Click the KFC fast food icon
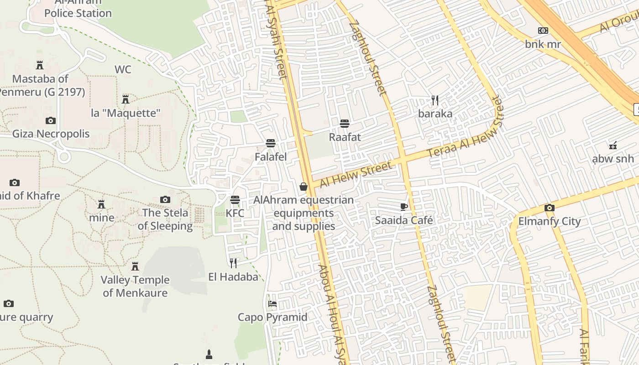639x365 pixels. [x=235, y=200]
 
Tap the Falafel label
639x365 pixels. [x=271, y=157]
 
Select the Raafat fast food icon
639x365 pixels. [x=345, y=123]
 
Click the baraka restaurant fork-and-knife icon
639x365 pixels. [x=435, y=100]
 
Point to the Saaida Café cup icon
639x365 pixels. [x=404, y=207]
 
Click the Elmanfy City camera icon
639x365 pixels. [x=550, y=208]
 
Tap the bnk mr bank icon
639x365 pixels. [x=543, y=31]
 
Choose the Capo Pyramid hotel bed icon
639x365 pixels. [x=272, y=303]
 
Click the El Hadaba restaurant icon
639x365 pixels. [x=233, y=263]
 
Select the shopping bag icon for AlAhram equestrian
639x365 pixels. [x=304, y=187]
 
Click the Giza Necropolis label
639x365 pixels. [x=51, y=134]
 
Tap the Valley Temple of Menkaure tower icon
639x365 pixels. [x=135, y=266]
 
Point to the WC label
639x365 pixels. [x=123, y=69]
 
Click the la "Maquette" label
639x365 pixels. [x=126, y=113]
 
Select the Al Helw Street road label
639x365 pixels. [x=356, y=175]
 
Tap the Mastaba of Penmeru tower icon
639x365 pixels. [x=40, y=65]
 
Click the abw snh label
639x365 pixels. [x=613, y=159]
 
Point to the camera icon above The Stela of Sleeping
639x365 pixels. [x=165, y=199]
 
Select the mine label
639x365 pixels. [x=101, y=218]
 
